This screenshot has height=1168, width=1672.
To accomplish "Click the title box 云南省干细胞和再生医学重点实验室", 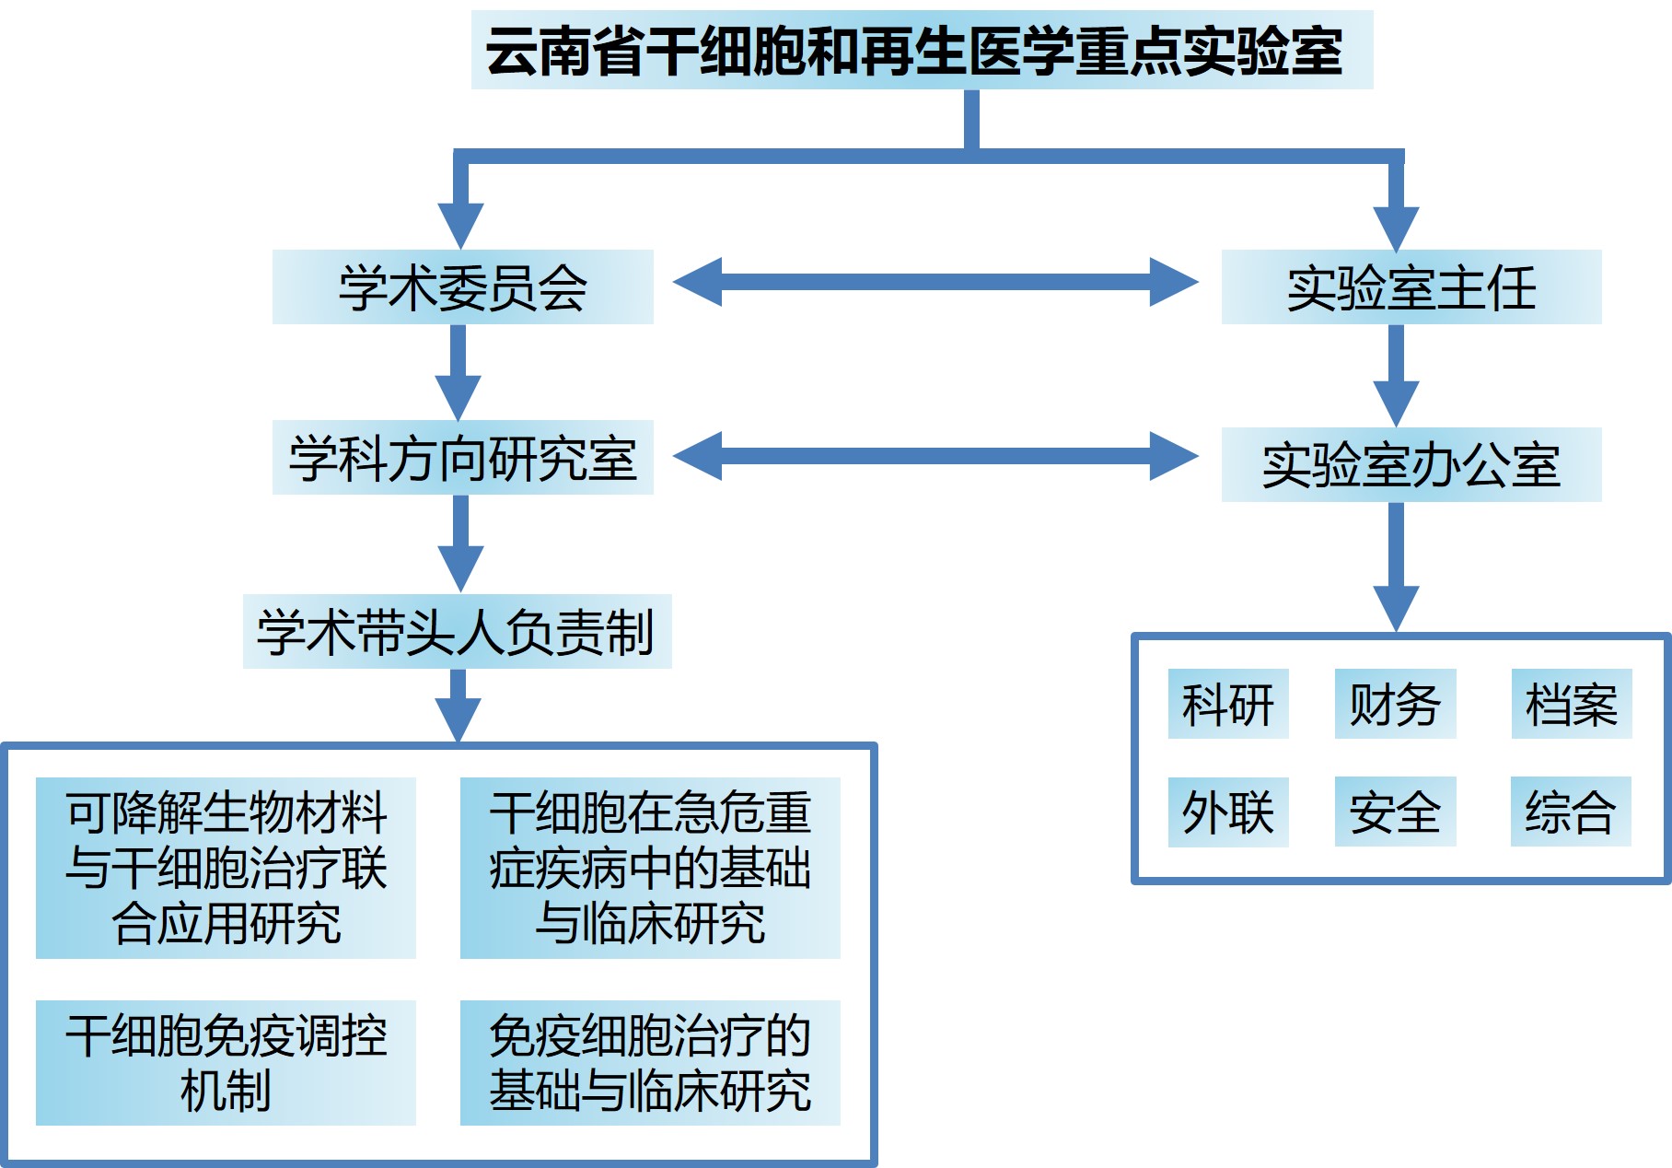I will (922, 50).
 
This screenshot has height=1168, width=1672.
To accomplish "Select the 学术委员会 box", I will (462, 286).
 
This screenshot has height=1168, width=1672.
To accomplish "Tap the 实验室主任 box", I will (1411, 286).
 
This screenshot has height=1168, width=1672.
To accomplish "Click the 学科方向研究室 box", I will (462, 458).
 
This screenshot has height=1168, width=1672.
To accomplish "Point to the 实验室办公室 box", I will (1411, 464).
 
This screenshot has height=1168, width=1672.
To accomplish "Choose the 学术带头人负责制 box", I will (457, 631).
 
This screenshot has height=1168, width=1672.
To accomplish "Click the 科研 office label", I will (1227, 704).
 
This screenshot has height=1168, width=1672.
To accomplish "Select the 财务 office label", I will (1395, 704).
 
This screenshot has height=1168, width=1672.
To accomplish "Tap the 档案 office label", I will (1571, 704).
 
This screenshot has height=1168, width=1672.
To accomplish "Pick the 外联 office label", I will (1227, 812).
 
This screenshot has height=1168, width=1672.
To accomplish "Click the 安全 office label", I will (1395, 812).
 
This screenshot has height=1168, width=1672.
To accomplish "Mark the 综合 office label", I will (1570, 812).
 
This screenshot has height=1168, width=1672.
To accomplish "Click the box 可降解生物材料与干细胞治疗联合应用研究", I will (226, 868).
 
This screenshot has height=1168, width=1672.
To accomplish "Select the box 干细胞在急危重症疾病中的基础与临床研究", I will (650, 868).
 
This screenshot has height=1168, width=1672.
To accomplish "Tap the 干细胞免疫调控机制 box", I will (226, 1062).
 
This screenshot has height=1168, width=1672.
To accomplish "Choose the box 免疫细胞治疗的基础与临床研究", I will (650, 1062).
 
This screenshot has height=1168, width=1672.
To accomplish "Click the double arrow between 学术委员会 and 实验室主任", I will (935, 281).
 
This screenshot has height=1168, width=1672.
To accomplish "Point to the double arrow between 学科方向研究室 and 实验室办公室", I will (935, 456).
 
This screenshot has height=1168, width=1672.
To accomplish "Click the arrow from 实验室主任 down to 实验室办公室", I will (1396, 373).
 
